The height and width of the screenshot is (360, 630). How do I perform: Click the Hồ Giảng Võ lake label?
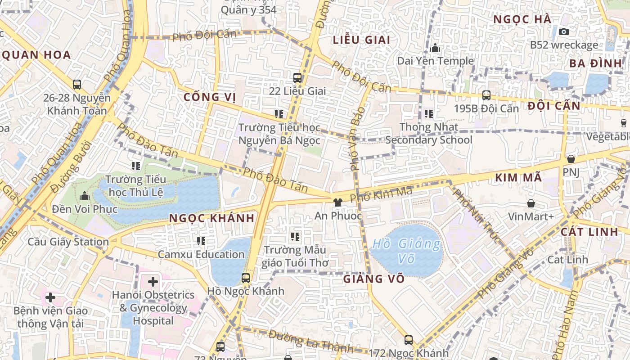pos(406,251)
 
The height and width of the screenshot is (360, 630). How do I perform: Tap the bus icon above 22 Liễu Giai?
pos(297,77)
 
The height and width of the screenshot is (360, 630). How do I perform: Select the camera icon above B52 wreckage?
pos(563,31)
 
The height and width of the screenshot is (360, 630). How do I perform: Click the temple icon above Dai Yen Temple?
pos(435,48)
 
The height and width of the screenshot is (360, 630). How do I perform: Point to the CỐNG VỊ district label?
pos(210,97)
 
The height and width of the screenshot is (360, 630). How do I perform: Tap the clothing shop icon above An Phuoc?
pos(337,202)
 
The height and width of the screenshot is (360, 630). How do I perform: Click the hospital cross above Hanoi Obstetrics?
pos(153,282)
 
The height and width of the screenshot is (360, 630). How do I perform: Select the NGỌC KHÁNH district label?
pos(211,218)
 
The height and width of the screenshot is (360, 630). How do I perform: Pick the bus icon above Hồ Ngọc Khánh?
pos(246,278)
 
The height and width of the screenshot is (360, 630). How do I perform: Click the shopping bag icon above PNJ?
pos(571,159)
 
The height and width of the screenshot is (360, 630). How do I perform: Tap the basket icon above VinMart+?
pos(531,203)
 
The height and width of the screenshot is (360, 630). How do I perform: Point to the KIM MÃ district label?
pos(518,178)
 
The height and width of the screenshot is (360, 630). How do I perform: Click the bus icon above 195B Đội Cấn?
pos(486,95)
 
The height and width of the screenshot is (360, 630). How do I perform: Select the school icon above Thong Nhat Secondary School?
pos(429,114)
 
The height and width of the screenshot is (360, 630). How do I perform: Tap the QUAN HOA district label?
pos(36,55)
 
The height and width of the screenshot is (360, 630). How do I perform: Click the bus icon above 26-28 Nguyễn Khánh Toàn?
pos(77,84)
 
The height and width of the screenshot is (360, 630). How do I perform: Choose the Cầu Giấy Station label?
pos(68,242)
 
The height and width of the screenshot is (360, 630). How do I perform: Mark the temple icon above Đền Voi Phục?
pos(84,196)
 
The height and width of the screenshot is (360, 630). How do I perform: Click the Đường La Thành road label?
pos(311,341)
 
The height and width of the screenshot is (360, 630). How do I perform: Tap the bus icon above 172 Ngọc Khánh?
pos(409,340)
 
